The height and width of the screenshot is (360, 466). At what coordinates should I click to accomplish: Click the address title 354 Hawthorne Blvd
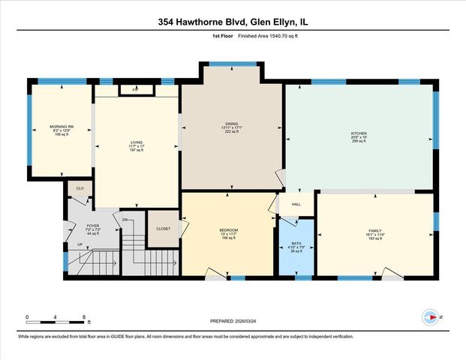(x=233, y=22)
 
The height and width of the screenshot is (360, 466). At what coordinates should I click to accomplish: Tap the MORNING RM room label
(x=60, y=127)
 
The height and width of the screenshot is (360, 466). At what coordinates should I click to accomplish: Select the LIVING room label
(x=136, y=141)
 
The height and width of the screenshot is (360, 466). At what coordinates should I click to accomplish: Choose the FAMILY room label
(x=374, y=231)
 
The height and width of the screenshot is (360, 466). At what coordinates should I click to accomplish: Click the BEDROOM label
(x=228, y=229)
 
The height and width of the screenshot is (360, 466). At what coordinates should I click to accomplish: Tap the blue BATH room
(x=296, y=248)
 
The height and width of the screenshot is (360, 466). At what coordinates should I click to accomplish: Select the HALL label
(x=296, y=204)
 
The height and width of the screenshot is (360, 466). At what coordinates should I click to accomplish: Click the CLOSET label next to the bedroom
(x=163, y=229)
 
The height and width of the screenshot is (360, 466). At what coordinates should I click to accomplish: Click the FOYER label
(x=93, y=225)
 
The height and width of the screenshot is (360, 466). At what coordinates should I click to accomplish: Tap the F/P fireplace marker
(x=135, y=90)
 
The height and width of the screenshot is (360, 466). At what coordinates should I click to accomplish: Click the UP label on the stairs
(x=80, y=244)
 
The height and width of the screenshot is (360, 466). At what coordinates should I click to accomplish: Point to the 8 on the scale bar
(x=84, y=316)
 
